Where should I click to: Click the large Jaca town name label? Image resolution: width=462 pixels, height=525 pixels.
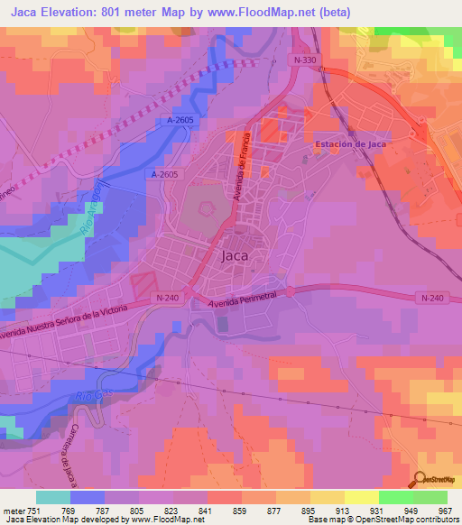(x=234, y=255)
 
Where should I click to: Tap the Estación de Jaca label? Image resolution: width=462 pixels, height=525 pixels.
(x=351, y=144)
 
